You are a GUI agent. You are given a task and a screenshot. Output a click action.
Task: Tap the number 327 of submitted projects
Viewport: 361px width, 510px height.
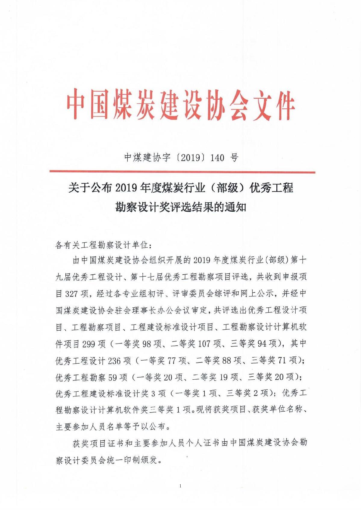coord(71,294)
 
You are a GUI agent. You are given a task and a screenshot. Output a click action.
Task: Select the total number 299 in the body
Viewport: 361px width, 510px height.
coord(89,344)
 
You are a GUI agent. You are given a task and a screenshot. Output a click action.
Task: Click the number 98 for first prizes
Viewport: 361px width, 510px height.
coord(147,344)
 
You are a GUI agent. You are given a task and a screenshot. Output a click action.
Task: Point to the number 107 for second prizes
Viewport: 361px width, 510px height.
coord(204,344)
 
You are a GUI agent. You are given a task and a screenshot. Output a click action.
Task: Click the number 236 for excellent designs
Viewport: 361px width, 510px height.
coord(114,361)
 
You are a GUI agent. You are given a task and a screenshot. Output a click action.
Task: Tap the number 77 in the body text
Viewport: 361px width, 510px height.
coord(171,361)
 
